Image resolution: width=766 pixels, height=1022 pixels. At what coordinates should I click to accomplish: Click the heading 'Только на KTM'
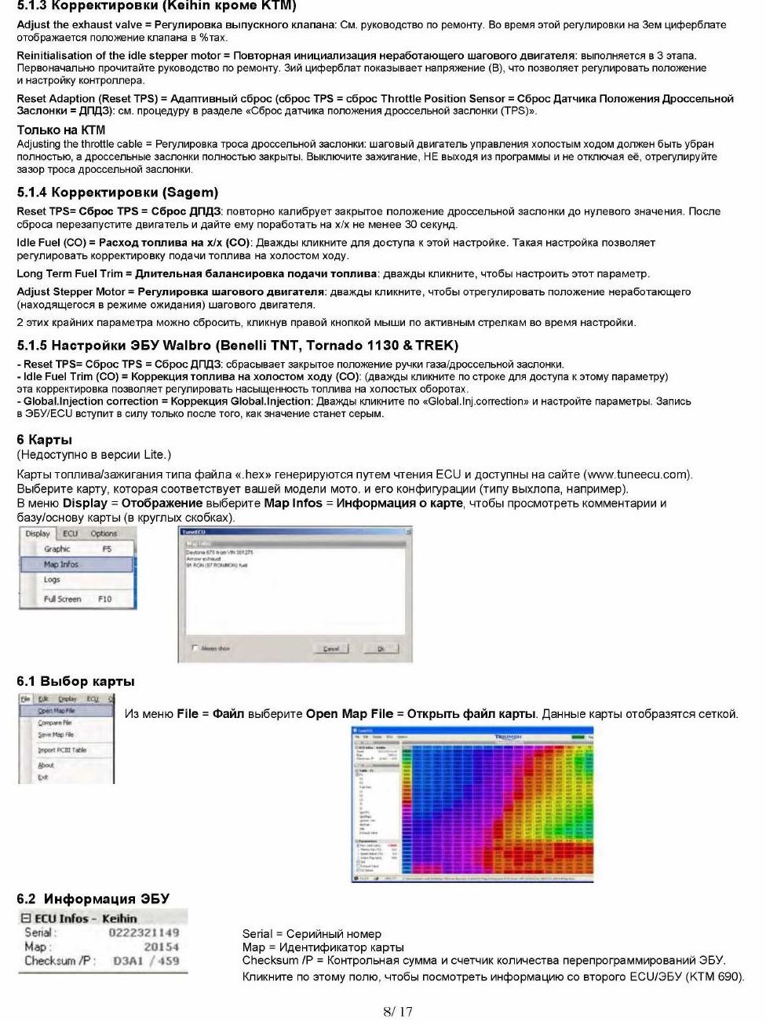point(61,130)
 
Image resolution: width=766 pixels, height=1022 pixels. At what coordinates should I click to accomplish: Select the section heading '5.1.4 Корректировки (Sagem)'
point(117,192)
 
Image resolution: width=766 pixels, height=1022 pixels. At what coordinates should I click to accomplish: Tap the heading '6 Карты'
point(44,440)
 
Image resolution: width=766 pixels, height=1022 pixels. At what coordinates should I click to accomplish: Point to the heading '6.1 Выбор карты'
point(75,681)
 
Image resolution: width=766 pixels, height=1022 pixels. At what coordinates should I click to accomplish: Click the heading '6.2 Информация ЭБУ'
point(93,899)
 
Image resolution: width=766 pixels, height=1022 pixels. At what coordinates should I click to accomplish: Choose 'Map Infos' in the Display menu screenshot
point(61,564)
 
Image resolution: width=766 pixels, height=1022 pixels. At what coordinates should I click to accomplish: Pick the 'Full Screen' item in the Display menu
point(63,599)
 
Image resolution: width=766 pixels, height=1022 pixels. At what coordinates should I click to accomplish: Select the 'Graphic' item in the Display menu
point(57,549)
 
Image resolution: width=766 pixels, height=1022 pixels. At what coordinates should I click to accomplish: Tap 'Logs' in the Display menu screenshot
point(52,580)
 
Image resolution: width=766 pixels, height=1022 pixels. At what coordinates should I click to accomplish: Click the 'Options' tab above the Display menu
point(104,533)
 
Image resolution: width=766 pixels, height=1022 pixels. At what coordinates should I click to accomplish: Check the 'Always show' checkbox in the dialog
point(195,648)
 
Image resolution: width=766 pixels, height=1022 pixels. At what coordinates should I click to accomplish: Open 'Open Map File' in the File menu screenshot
point(57,710)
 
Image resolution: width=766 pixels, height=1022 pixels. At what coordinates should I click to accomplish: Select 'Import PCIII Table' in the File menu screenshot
point(62,750)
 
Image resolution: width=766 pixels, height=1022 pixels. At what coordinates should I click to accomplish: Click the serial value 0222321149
point(144,932)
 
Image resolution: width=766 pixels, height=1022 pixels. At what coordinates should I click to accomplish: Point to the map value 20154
point(161,947)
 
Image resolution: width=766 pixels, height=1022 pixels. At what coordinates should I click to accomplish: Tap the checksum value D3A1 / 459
point(146,961)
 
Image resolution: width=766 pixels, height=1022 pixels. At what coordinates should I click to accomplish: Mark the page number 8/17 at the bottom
point(397,1012)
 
